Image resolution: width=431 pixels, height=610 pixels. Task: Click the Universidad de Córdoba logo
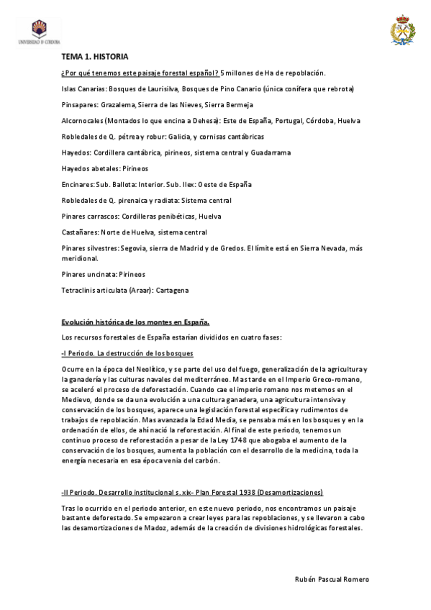pos(38,32)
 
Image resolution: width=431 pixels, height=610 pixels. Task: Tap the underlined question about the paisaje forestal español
pos(140,73)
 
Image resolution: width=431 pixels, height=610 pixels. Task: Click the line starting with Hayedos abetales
pos(104,168)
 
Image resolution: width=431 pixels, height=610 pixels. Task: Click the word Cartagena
pos(172,290)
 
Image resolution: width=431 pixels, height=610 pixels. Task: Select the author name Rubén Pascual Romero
pos(332,579)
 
